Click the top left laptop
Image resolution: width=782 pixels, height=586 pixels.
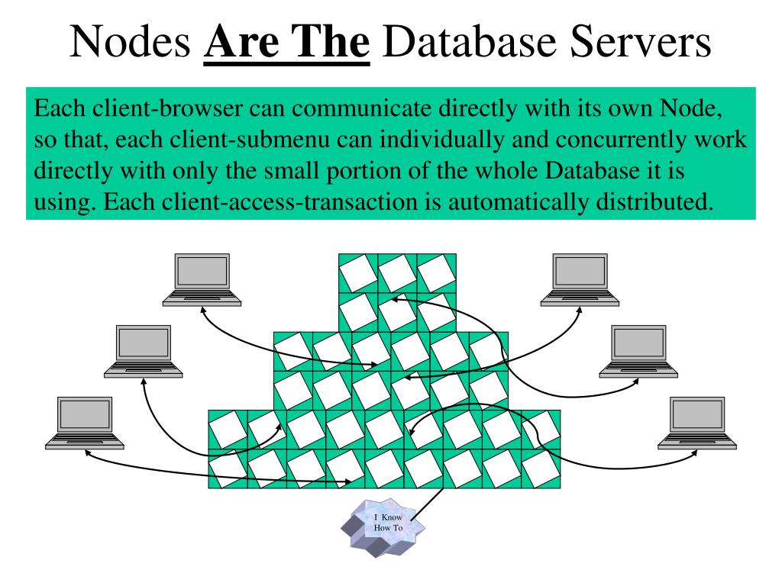point(202,279)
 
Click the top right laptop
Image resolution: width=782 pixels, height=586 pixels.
point(580,279)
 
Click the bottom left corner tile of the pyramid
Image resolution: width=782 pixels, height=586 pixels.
point(228,468)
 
